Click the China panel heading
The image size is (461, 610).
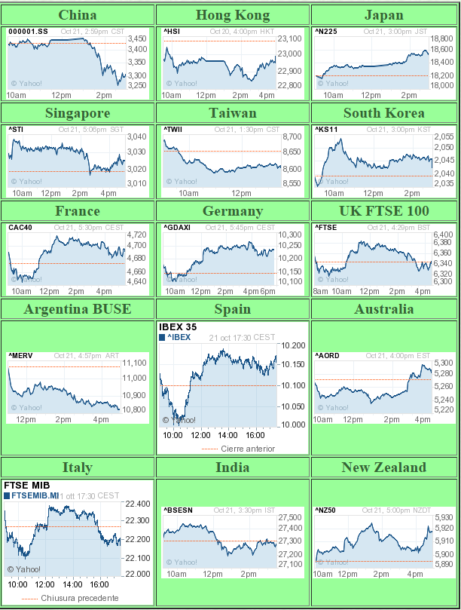tap(77, 15)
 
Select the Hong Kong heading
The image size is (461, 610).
tap(230, 15)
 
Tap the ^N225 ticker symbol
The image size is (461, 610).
tap(325, 31)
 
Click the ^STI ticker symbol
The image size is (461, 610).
tap(16, 130)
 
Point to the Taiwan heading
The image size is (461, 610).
tap(230, 113)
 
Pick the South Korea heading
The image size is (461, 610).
tap(383, 113)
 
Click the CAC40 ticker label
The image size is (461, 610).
tap(20, 228)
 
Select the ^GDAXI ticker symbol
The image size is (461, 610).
tap(178, 228)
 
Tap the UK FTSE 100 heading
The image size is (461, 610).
tap(383, 211)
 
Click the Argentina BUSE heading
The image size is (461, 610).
tap(77, 309)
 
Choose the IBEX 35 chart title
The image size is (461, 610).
tap(178, 326)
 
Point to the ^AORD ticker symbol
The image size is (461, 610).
tap(327, 355)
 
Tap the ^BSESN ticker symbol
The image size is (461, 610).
tap(178, 510)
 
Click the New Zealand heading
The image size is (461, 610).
tap(383, 467)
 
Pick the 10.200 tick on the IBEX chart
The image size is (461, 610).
tap(293, 345)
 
